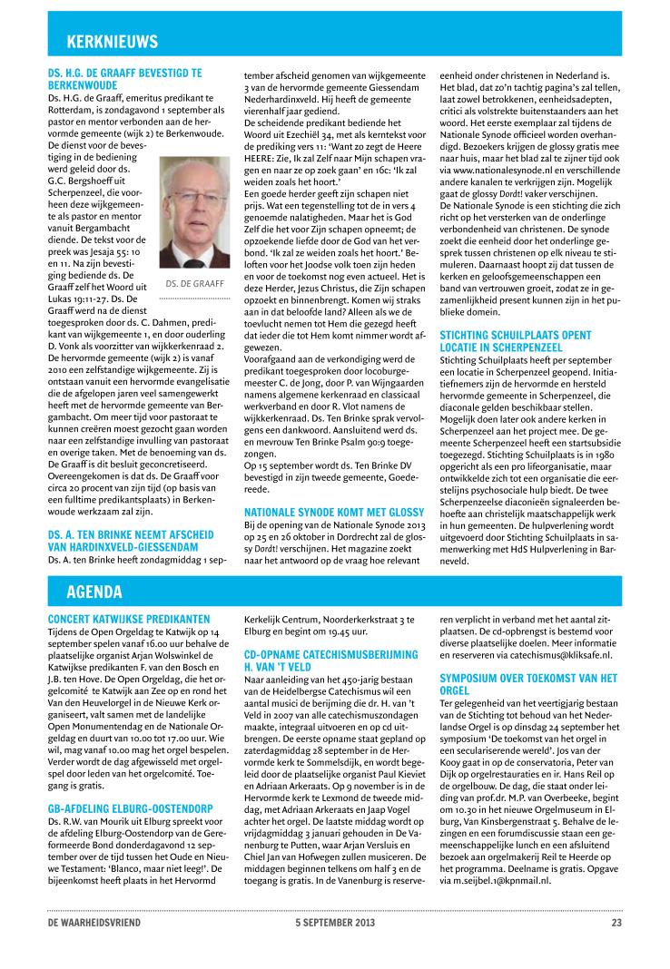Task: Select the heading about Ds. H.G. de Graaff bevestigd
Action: click(124, 76)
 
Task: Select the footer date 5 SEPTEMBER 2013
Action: click(334, 923)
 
